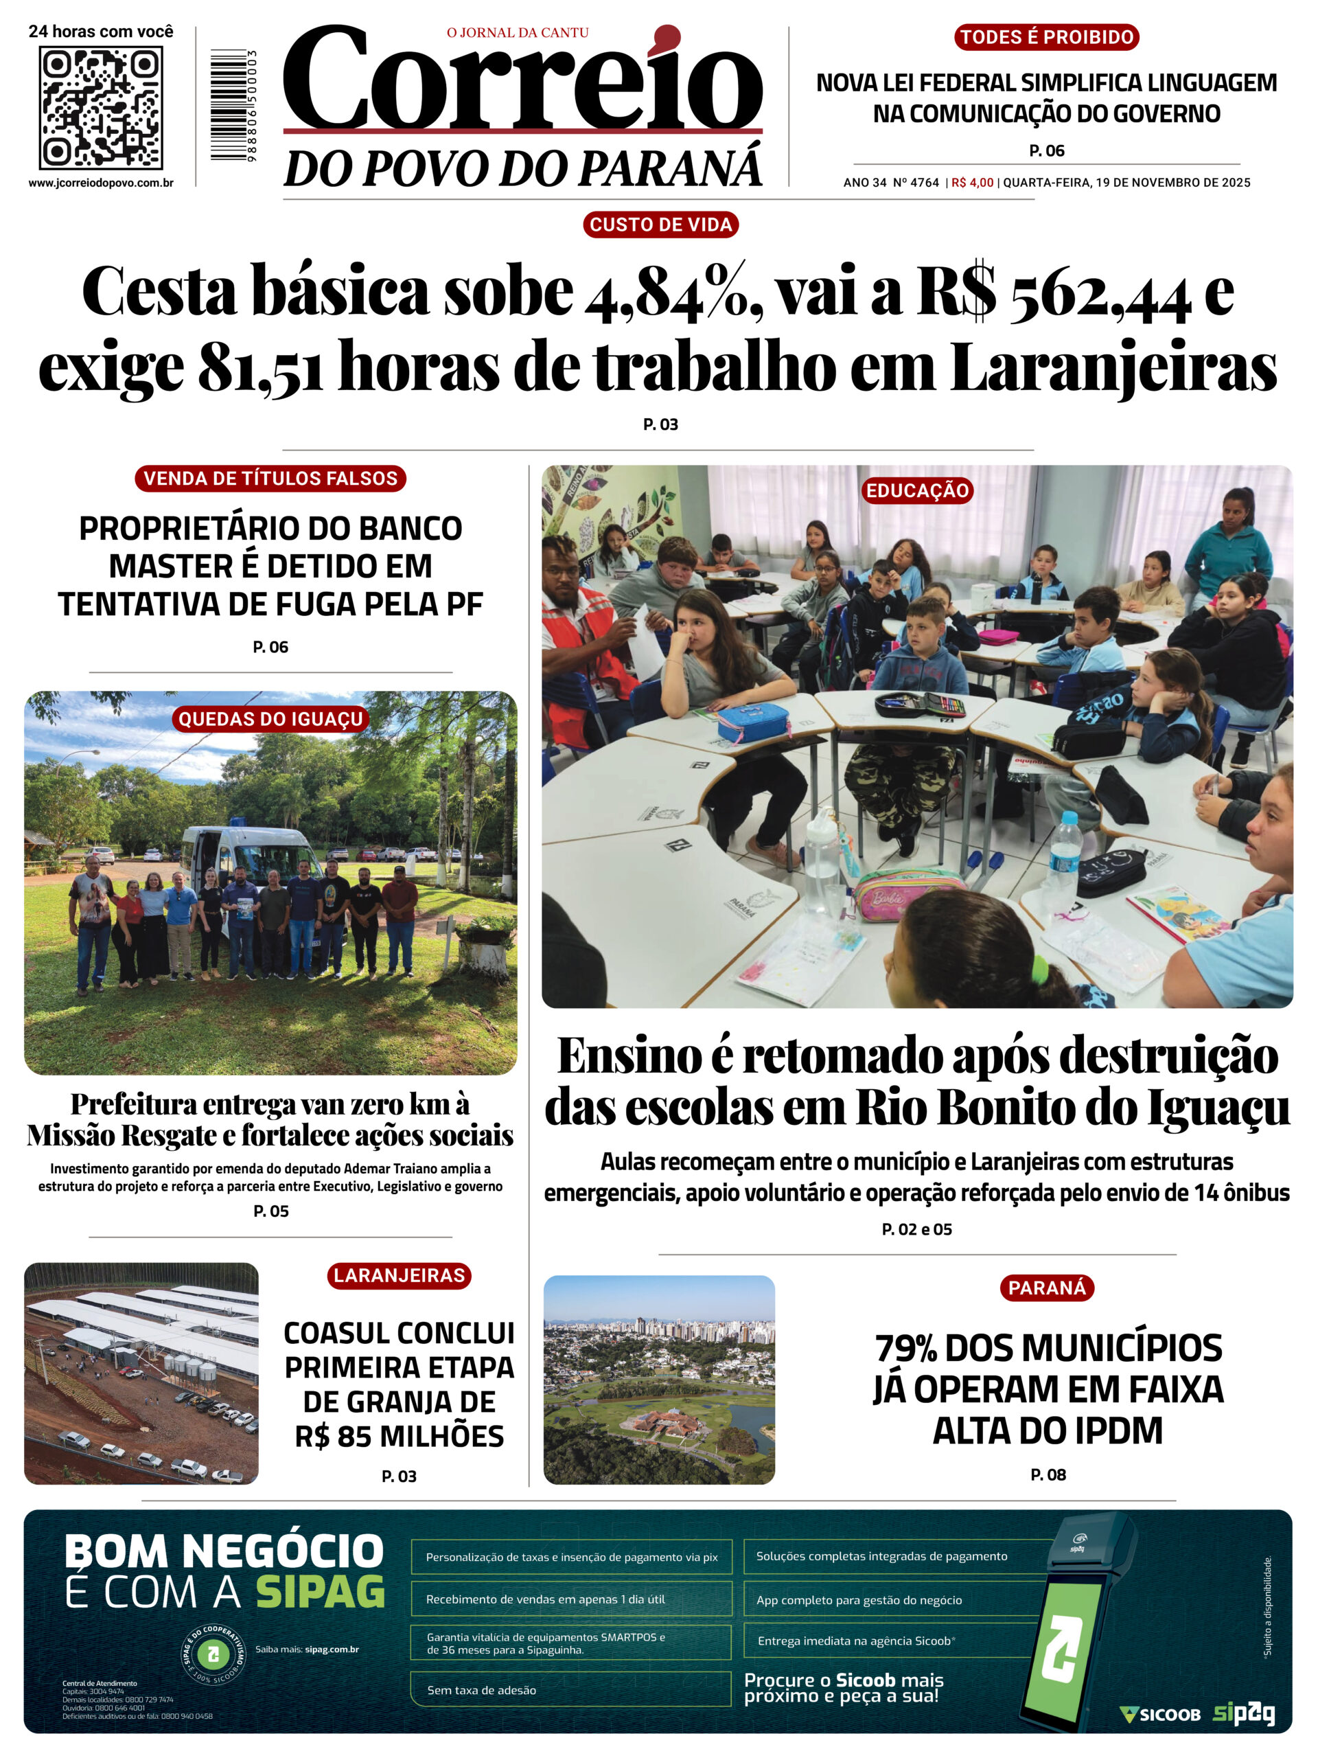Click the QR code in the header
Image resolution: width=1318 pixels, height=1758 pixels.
click(101, 107)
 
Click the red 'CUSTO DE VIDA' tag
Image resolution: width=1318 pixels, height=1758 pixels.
click(660, 225)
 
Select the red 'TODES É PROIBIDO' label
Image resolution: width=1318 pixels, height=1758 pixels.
click(1046, 37)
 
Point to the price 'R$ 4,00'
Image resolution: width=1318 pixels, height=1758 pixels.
click(973, 183)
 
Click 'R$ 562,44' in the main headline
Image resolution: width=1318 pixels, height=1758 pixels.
click(1054, 293)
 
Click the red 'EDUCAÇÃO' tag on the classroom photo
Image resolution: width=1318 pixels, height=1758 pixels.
click(917, 490)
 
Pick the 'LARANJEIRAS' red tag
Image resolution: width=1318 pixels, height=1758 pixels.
click(399, 1276)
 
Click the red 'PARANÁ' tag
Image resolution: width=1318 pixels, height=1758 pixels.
click(1046, 1288)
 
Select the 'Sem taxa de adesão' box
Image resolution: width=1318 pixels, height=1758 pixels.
click(570, 1689)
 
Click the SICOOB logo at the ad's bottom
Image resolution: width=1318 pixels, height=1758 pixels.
click(1160, 1714)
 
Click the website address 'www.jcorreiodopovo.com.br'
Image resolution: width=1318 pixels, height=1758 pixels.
click(101, 183)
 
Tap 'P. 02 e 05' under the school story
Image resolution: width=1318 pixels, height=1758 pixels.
click(917, 1229)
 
